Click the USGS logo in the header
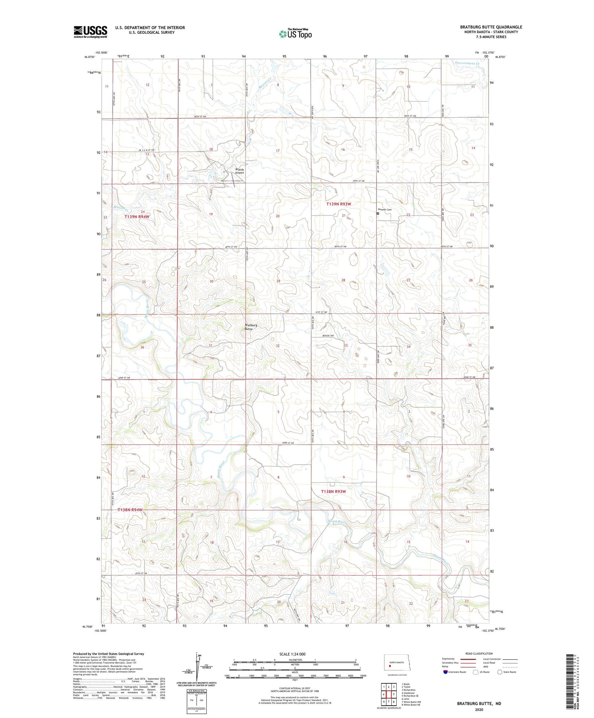tap(90, 31)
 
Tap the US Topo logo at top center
tap(295, 33)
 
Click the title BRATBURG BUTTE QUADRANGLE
tap(491, 27)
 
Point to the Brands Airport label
tap(239, 171)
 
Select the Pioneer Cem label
tap(386, 210)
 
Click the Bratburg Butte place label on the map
tap(251, 327)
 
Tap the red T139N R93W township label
tap(339, 204)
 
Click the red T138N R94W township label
tap(130, 510)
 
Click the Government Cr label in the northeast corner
tap(467, 63)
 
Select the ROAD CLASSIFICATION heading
tap(479, 653)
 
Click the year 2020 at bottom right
tap(478, 709)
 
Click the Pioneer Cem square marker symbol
tap(378, 213)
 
